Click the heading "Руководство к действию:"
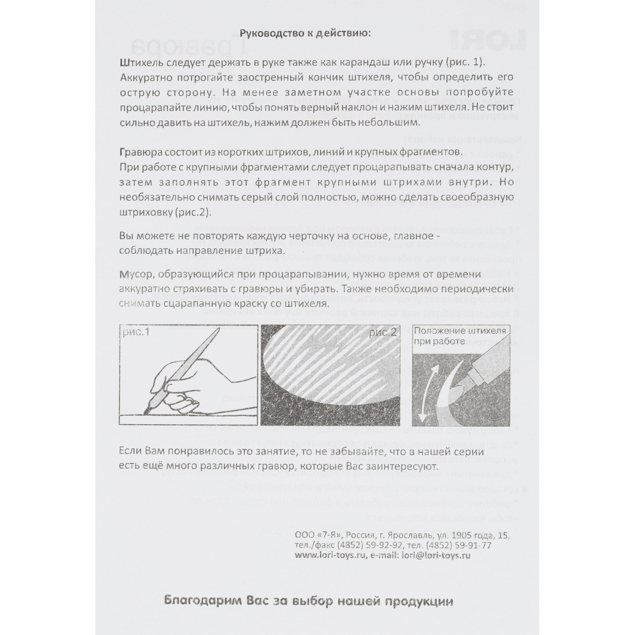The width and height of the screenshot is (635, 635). point(305,33)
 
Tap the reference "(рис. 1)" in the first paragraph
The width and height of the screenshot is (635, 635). point(464,62)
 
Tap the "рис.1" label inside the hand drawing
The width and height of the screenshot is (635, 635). point(136,332)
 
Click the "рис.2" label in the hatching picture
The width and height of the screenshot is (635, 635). point(383,332)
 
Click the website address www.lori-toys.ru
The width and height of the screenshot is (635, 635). point(329,555)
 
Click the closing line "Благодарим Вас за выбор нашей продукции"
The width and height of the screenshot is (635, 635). point(308,601)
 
